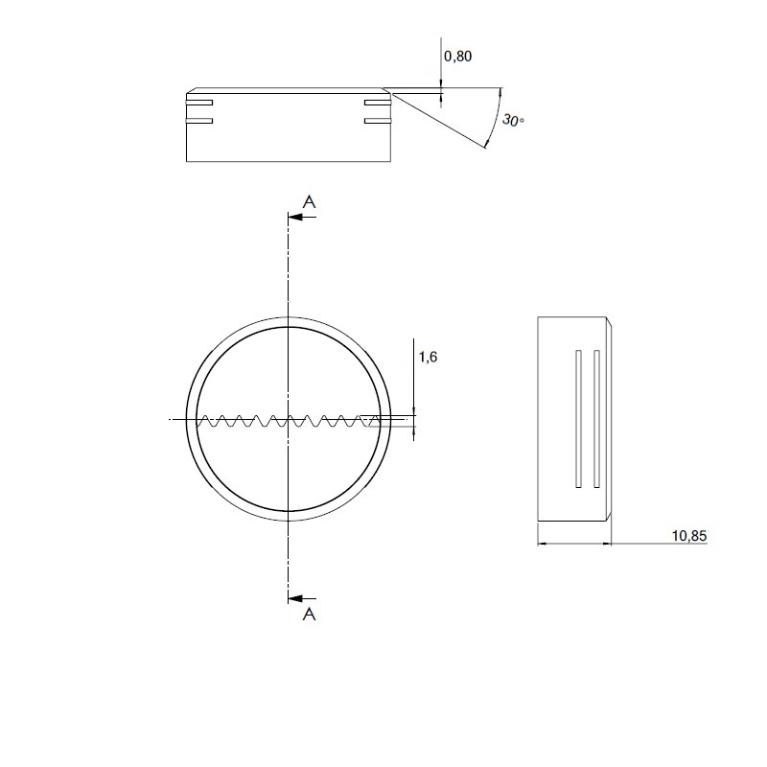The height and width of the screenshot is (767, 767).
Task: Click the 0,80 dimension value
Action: click(x=458, y=57)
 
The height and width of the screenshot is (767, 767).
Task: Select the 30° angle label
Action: click(x=513, y=120)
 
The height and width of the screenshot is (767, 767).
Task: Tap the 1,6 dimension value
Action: click(x=428, y=357)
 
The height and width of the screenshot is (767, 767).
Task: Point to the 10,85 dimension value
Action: click(x=689, y=536)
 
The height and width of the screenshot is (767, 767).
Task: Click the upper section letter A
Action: click(x=309, y=201)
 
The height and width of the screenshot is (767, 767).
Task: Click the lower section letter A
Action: click(x=309, y=614)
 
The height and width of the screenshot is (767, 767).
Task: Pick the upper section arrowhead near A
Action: click(x=295, y=217)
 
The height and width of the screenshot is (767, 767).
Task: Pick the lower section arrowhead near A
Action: click(x=295, y=598)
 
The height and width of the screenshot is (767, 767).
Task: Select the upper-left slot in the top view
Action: click(x=199, y=103)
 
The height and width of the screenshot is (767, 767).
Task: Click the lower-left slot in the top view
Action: click(x=199, y=121)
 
